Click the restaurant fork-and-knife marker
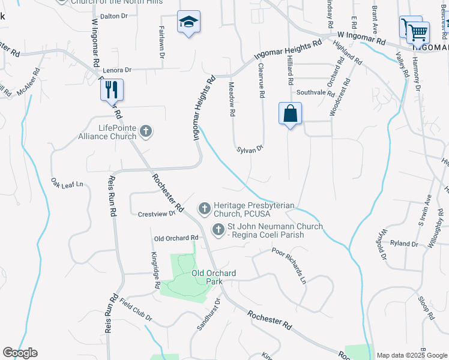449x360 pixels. coord(112,89)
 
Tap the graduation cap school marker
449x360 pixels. coord(188,23)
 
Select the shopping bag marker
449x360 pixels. coord(290,113)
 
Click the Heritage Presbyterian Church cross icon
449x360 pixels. coord(204,209)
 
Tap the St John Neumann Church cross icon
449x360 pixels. coord(218,229)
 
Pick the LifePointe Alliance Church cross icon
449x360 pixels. coord(145,131)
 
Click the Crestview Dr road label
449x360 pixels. coord(156,214)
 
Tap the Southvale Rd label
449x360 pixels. coord(316,93)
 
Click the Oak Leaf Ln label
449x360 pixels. coord(67,183)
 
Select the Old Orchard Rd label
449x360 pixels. coord(176,238)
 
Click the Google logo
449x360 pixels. coord(20,353)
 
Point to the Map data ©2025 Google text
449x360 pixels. coord(411,355)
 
